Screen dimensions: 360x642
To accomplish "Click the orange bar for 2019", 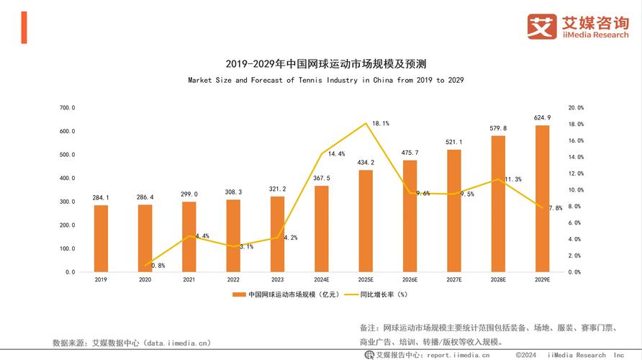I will coord(101,238).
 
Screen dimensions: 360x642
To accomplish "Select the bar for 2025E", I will coord(366,221).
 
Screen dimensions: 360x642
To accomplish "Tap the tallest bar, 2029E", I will coord(542,199).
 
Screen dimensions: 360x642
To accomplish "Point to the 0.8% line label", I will coord(158,266).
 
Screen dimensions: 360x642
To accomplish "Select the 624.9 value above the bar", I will coord(542,117).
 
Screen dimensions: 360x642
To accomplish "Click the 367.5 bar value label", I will coord(321,178).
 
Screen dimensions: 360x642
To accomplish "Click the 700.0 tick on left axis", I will coord(67,108).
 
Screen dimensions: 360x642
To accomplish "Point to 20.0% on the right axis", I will coord(576,108).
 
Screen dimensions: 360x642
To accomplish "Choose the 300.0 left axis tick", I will coord(67,202).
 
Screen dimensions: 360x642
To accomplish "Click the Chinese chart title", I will coord(321,63).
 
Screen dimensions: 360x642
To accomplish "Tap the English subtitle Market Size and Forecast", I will coord(321,80).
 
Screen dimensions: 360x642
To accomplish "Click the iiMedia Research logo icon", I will coord(541,27).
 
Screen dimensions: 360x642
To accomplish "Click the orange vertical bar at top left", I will coord(24,27).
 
